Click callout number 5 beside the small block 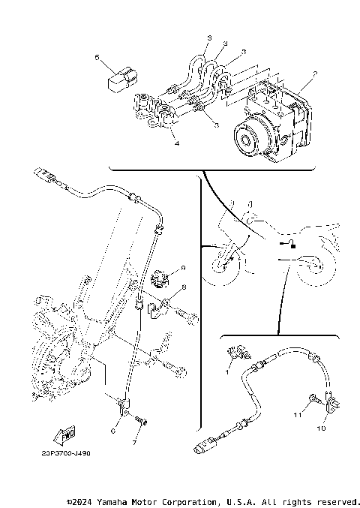tap(96, 56)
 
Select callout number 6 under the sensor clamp tap(113, 430)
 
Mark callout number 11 tap(297, 413)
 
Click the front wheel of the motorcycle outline tap(225, 268)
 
